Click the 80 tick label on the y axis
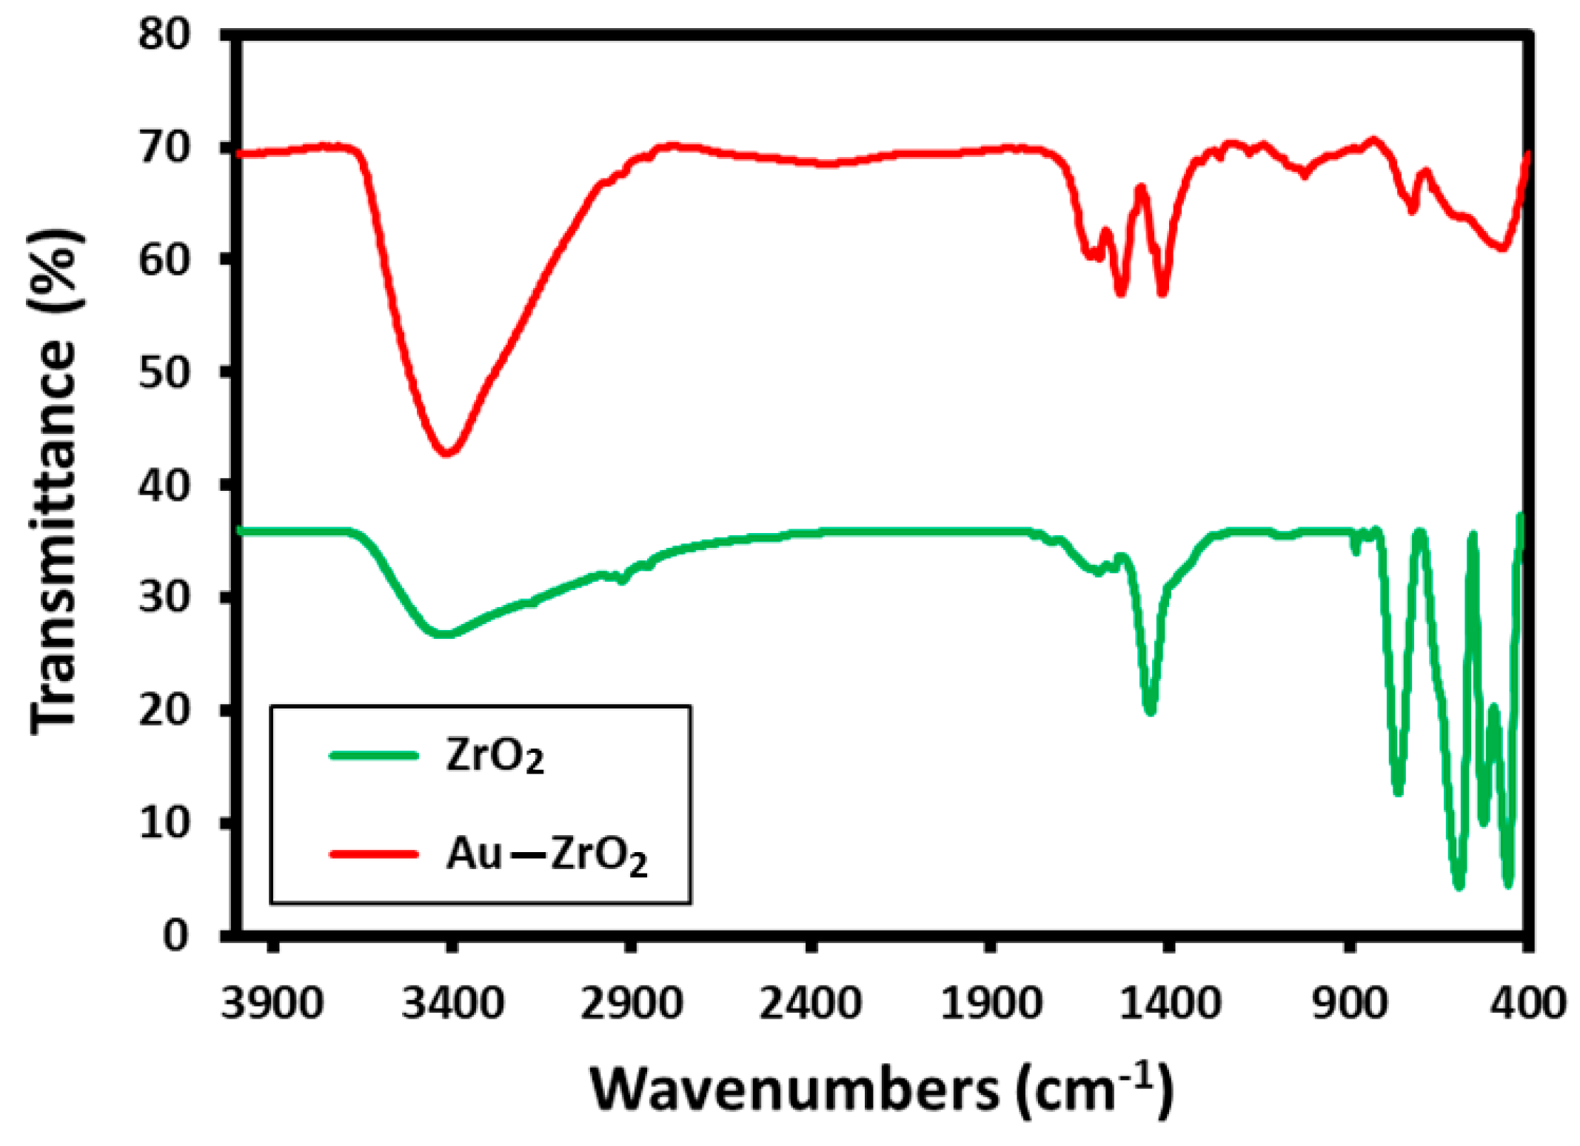pos(164,34)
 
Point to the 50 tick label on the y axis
pos(164,372)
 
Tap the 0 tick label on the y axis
pos(176,935)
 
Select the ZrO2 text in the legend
pos(495,756)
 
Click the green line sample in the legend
pos(374,755)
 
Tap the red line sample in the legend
pos(374,854)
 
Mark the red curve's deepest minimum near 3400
pos(447,452)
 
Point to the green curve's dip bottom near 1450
pos(1150,711)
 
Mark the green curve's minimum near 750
pos(1398,792)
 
